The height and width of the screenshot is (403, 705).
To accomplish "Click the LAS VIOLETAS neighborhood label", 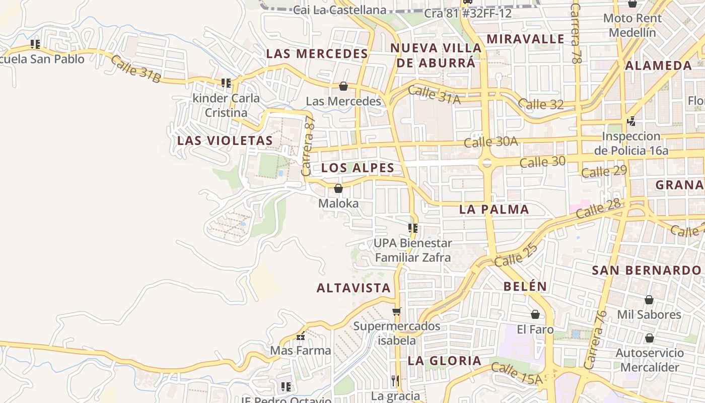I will [225, 141].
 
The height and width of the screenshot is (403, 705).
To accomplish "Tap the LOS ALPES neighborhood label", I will [358, 168].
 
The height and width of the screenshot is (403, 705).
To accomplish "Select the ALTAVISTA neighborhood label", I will [354, 288].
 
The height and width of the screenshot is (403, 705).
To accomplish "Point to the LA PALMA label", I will [494, 210].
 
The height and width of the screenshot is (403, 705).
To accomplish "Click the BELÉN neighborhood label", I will [525, 287].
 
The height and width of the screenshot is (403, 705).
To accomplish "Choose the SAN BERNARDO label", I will [646, 271].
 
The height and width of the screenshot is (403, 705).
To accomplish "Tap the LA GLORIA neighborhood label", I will [445, 361].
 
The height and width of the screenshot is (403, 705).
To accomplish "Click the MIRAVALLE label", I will [525, 39].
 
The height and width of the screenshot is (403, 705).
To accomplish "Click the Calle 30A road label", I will [490, 142].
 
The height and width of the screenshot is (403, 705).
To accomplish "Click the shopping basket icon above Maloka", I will [338, 188].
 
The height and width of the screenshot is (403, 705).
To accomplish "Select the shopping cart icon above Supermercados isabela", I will [397, 311].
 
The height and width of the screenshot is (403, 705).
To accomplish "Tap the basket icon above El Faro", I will [535, 314].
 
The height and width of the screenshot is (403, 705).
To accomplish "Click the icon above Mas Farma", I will [301, 336].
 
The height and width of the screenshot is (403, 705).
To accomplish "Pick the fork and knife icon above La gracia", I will [395, 380].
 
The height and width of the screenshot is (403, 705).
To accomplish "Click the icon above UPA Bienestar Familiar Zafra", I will [413, 228].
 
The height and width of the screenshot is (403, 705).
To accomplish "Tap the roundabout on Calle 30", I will [486, 163].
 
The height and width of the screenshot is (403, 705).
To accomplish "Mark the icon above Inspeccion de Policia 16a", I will [631, 121].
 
